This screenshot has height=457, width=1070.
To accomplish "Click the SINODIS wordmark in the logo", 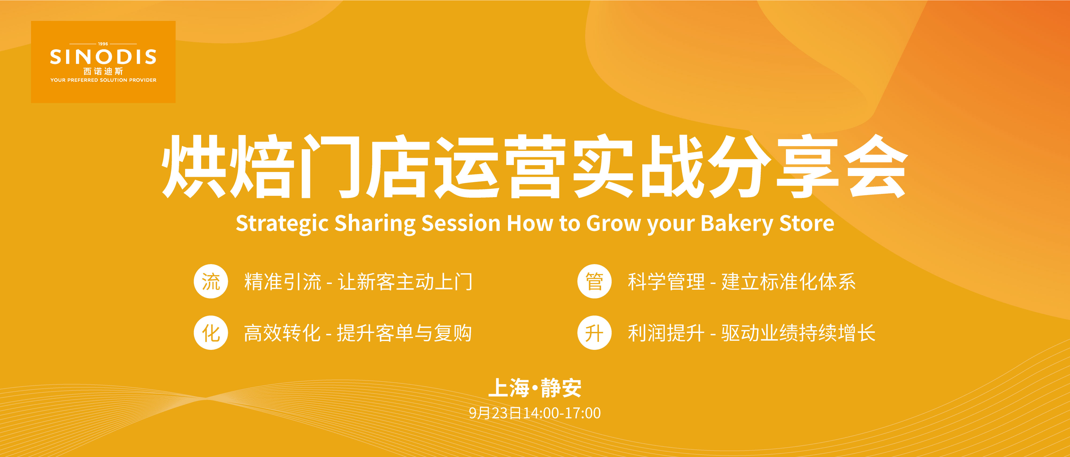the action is (103, 57).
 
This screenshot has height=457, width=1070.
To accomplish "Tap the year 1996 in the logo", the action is (103, 44).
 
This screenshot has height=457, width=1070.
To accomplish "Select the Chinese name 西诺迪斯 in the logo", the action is (103, 72).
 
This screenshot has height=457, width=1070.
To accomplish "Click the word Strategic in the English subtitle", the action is (282, 224).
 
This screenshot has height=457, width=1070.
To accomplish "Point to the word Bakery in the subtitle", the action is (736, 224).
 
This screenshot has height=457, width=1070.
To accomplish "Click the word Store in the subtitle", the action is (807, 223).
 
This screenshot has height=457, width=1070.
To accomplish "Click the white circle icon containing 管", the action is (594, 282).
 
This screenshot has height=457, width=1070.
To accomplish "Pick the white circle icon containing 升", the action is (594, 333).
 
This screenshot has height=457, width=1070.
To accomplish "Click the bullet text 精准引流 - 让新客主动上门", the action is (358, 282).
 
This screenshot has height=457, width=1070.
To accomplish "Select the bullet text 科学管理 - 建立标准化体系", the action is (742, 282).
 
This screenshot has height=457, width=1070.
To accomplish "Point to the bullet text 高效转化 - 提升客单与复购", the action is (358, 333).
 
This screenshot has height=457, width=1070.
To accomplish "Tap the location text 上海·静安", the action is (534, 388).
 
